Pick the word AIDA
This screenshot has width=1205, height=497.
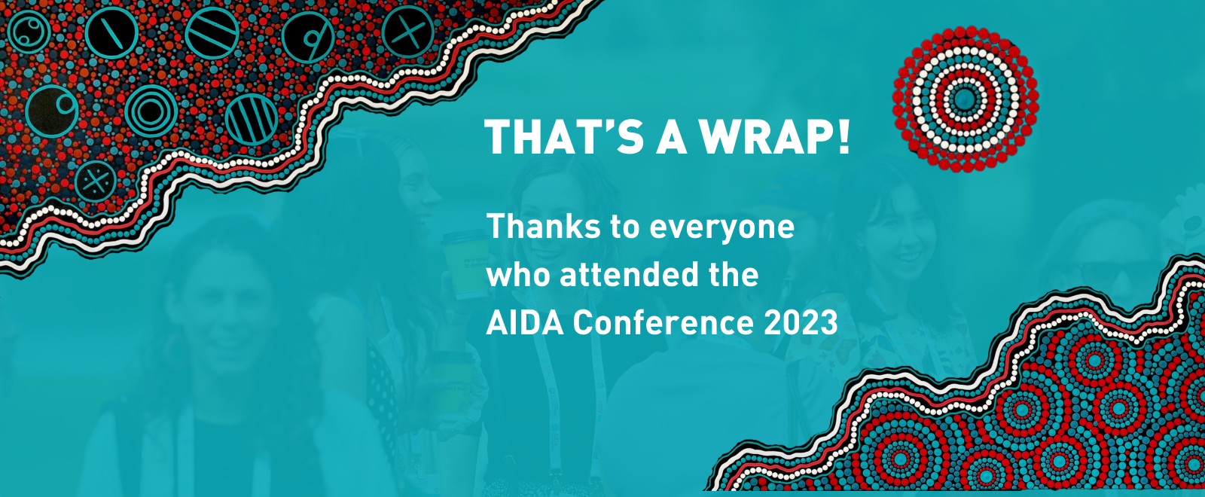coord(524,323)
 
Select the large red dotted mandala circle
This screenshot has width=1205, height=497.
coord(965,99)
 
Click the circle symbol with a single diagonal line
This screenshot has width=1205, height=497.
coord(112,32)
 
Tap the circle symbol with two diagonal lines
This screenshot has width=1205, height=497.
coord(212,33)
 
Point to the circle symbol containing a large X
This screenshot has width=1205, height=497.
coord(408,32)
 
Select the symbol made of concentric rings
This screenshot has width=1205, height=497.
coord(151,111)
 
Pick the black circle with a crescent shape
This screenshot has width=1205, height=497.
coord(52,111)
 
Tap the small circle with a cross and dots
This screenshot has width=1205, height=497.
coord(96,181)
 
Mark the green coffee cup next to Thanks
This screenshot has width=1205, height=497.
coord(464,264)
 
